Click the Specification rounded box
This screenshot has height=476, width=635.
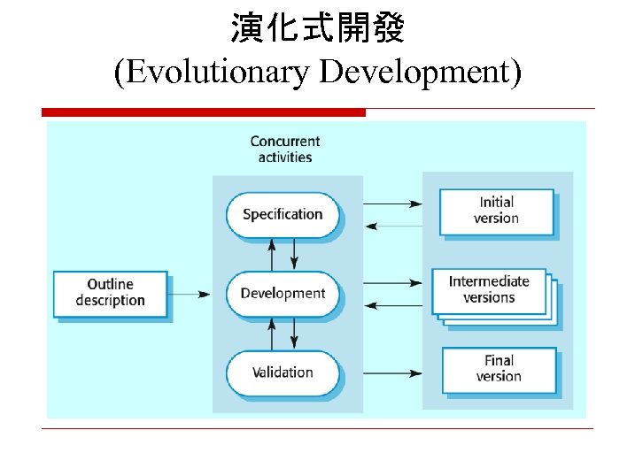click(x=283, y=214)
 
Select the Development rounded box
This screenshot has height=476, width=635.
click(x=283, y=294)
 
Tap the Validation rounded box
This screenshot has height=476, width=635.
click(x=283, y=372)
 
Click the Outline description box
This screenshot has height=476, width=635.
click(x=110, y=293)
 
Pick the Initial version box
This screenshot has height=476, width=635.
click(x=496, y=211)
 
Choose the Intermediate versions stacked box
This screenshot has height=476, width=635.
click(x=489, y=289)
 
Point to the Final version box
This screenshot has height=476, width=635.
click(x=499, y=368)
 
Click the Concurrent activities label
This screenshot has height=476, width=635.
click(x=284, y=149)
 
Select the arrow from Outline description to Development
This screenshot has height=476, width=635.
click(x=189, y=294)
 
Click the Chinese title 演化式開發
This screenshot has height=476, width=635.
click(x=317, y=29)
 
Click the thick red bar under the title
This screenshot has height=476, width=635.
click(x=204, y=112)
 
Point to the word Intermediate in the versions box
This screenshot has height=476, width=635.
click(x=489, y=281)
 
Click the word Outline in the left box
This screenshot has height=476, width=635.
click(x=110, y=284)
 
